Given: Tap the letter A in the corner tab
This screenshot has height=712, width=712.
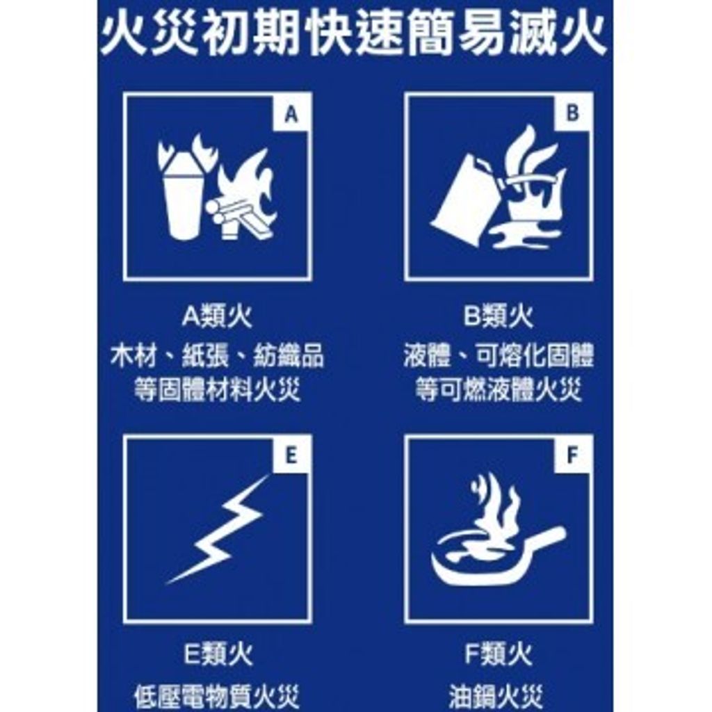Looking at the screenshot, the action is tap(291, 114).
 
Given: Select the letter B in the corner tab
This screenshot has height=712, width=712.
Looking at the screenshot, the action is tap(573, 113).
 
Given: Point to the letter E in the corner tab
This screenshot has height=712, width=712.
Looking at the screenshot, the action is tap(291, 455).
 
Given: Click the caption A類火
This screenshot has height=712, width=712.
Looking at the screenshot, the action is tap(217, 316).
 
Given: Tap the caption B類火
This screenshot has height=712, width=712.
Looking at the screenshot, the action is tap(498, 316).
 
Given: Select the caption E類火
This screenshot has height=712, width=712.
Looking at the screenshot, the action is tap(218, 654).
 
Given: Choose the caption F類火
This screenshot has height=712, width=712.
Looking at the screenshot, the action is tap(498, 654).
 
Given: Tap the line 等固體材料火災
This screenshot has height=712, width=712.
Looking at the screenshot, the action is tap(217, 390).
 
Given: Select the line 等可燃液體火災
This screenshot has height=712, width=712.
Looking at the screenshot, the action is tap(499, 390).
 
